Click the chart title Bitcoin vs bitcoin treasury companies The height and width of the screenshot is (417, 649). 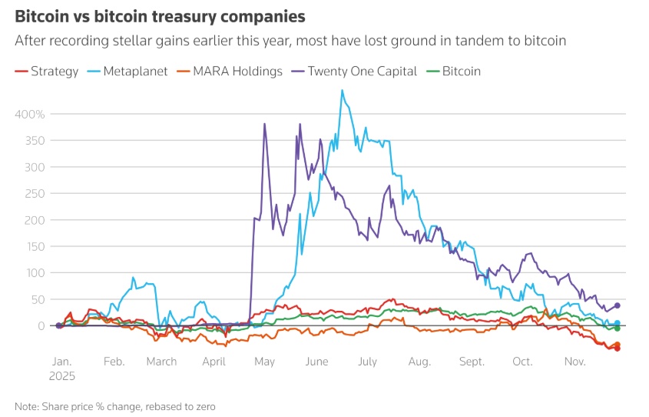(x=160, y=16)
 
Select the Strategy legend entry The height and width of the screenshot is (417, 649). (x=48, y=72)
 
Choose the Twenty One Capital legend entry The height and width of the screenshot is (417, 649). (x=354, y=72)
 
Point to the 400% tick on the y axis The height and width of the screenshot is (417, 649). (x=31, y=114)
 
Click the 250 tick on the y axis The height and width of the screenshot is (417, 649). (x=35, y=193)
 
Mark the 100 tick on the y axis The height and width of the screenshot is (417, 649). (x=35, y=273)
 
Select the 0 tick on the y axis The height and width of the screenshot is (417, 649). (x=42, y=326)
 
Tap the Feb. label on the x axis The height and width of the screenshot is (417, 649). (x=114, y=361)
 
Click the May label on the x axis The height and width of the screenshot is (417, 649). (x=264, y=361)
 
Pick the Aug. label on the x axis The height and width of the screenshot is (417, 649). (x=419, y=361)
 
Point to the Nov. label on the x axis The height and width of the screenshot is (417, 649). (x=575, y=361)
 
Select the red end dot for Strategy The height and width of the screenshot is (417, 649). (x=618, y=349)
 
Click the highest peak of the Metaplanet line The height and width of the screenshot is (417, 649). (x=342, y=90)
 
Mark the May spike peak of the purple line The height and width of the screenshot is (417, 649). (x=265, y=124)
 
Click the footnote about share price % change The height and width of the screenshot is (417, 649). (x=115, y=405)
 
